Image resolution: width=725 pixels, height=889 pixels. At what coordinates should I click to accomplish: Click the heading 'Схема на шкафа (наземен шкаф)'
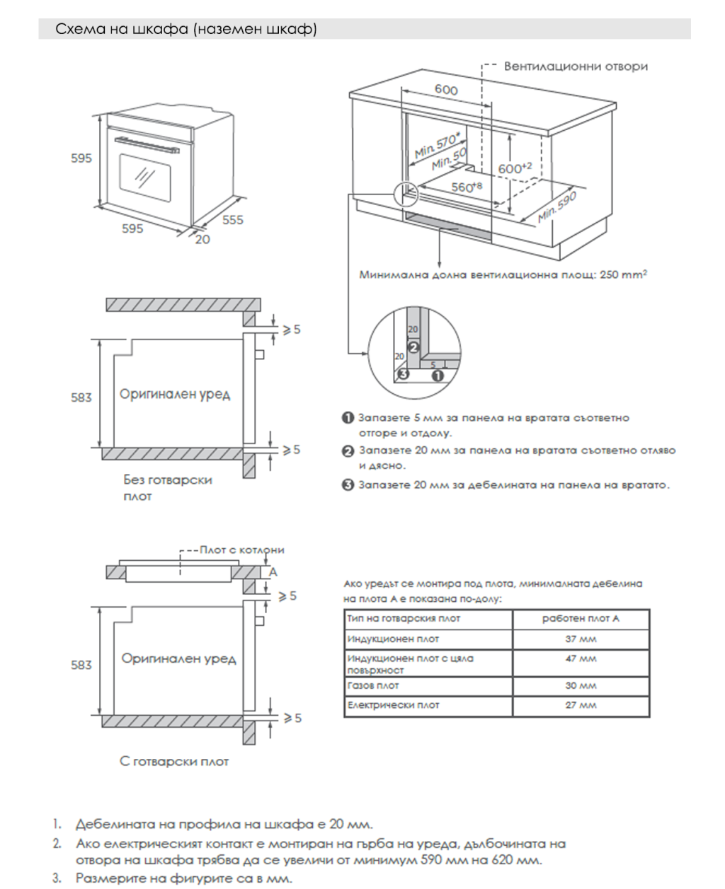click(186, 29)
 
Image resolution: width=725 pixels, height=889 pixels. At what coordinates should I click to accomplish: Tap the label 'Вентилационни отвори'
click(575, 66)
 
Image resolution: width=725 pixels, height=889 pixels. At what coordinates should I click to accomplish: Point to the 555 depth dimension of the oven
click(232, 220)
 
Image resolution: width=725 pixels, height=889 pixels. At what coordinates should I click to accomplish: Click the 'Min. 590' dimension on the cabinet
click(557, 207)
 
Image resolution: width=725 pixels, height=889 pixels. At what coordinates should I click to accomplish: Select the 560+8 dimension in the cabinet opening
click(467, 187)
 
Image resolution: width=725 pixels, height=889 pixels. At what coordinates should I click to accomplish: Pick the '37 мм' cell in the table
click(581, 639)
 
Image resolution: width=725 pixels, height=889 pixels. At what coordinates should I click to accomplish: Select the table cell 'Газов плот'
click(373, 685)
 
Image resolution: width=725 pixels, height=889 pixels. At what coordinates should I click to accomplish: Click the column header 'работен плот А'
click(581, 619)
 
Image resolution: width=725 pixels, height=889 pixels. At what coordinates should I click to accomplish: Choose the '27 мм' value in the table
click(581, 705)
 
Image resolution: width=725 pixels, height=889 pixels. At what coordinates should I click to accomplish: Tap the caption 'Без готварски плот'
click(167, 487)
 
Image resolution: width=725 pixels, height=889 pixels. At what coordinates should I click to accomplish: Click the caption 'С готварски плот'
click(174, 762)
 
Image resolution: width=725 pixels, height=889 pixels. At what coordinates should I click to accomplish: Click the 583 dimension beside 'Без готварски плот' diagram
click(81, 397)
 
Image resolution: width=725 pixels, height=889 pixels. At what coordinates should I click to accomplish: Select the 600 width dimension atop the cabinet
click(446, 90)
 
